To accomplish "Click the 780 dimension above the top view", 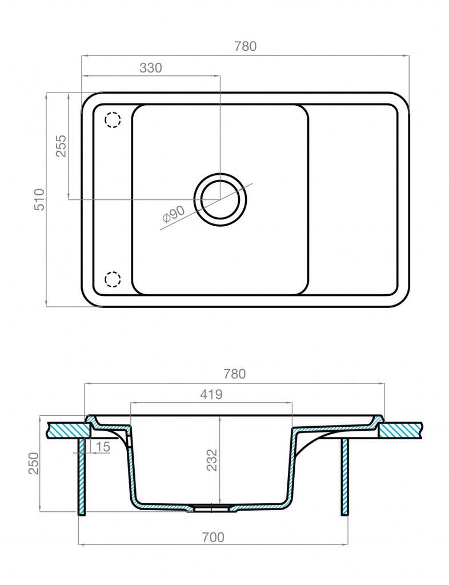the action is point(246,46).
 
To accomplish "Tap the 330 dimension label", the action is point(151,68).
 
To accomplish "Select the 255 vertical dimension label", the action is point(61,146).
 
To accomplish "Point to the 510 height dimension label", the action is point(39,199).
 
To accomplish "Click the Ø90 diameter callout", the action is point(174,215).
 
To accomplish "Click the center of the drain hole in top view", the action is point(220,199).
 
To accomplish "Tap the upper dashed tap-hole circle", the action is point(113,120).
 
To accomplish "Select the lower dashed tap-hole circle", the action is point(113,279).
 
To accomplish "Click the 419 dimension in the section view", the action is point(211,394).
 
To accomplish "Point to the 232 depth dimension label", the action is point(212,460).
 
